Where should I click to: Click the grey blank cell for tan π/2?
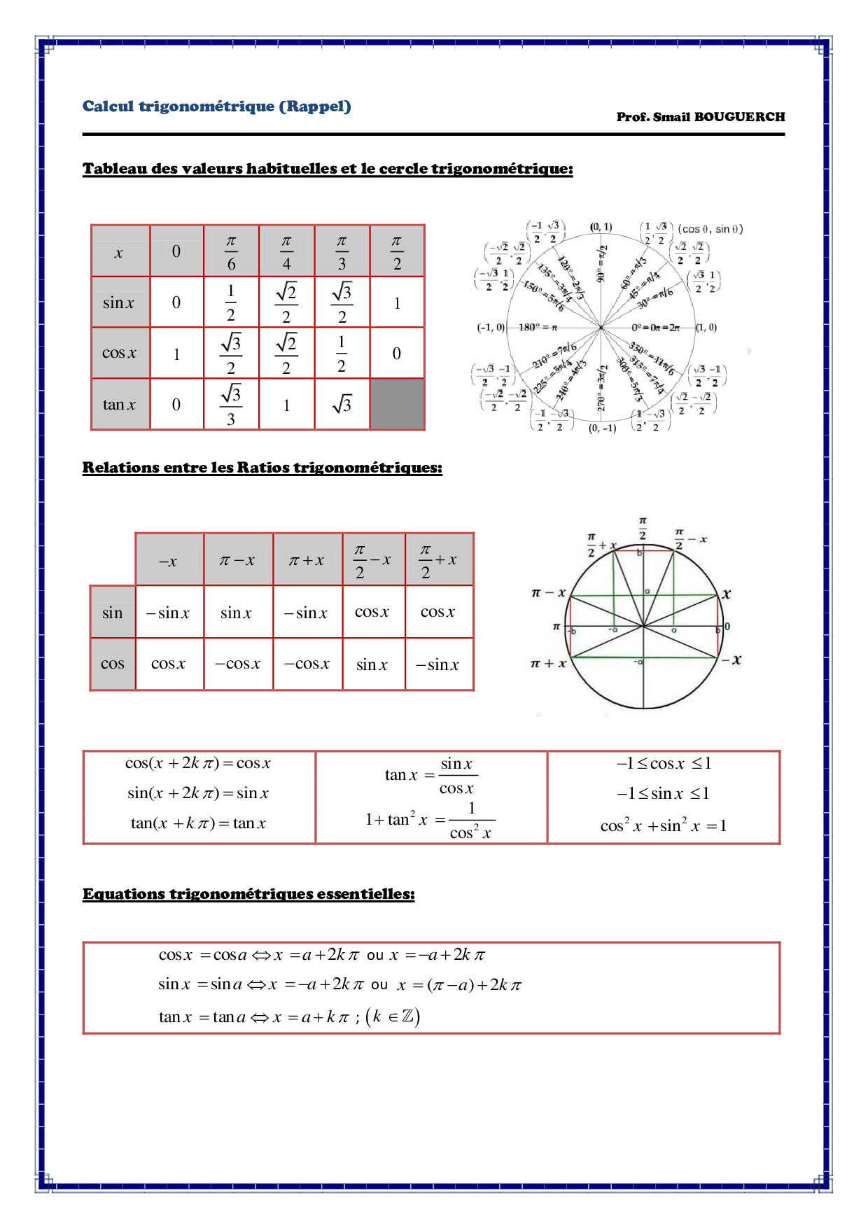397,404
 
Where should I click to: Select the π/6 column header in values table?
231,252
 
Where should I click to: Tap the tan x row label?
120,404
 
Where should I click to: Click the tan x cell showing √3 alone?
342,404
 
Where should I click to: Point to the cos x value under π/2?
397,354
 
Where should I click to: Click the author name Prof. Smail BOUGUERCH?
700,117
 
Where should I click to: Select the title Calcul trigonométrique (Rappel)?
216,106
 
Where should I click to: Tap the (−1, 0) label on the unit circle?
490,328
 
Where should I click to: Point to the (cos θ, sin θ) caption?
710,229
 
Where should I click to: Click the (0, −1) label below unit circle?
602,428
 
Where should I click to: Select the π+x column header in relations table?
307,560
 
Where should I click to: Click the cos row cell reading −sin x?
437,664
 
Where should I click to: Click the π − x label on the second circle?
548,593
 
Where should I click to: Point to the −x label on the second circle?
732,660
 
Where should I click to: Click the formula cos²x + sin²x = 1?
663,826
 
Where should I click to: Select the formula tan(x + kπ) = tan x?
198,823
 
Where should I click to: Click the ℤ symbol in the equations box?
407,1016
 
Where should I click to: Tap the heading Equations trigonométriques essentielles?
248,894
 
